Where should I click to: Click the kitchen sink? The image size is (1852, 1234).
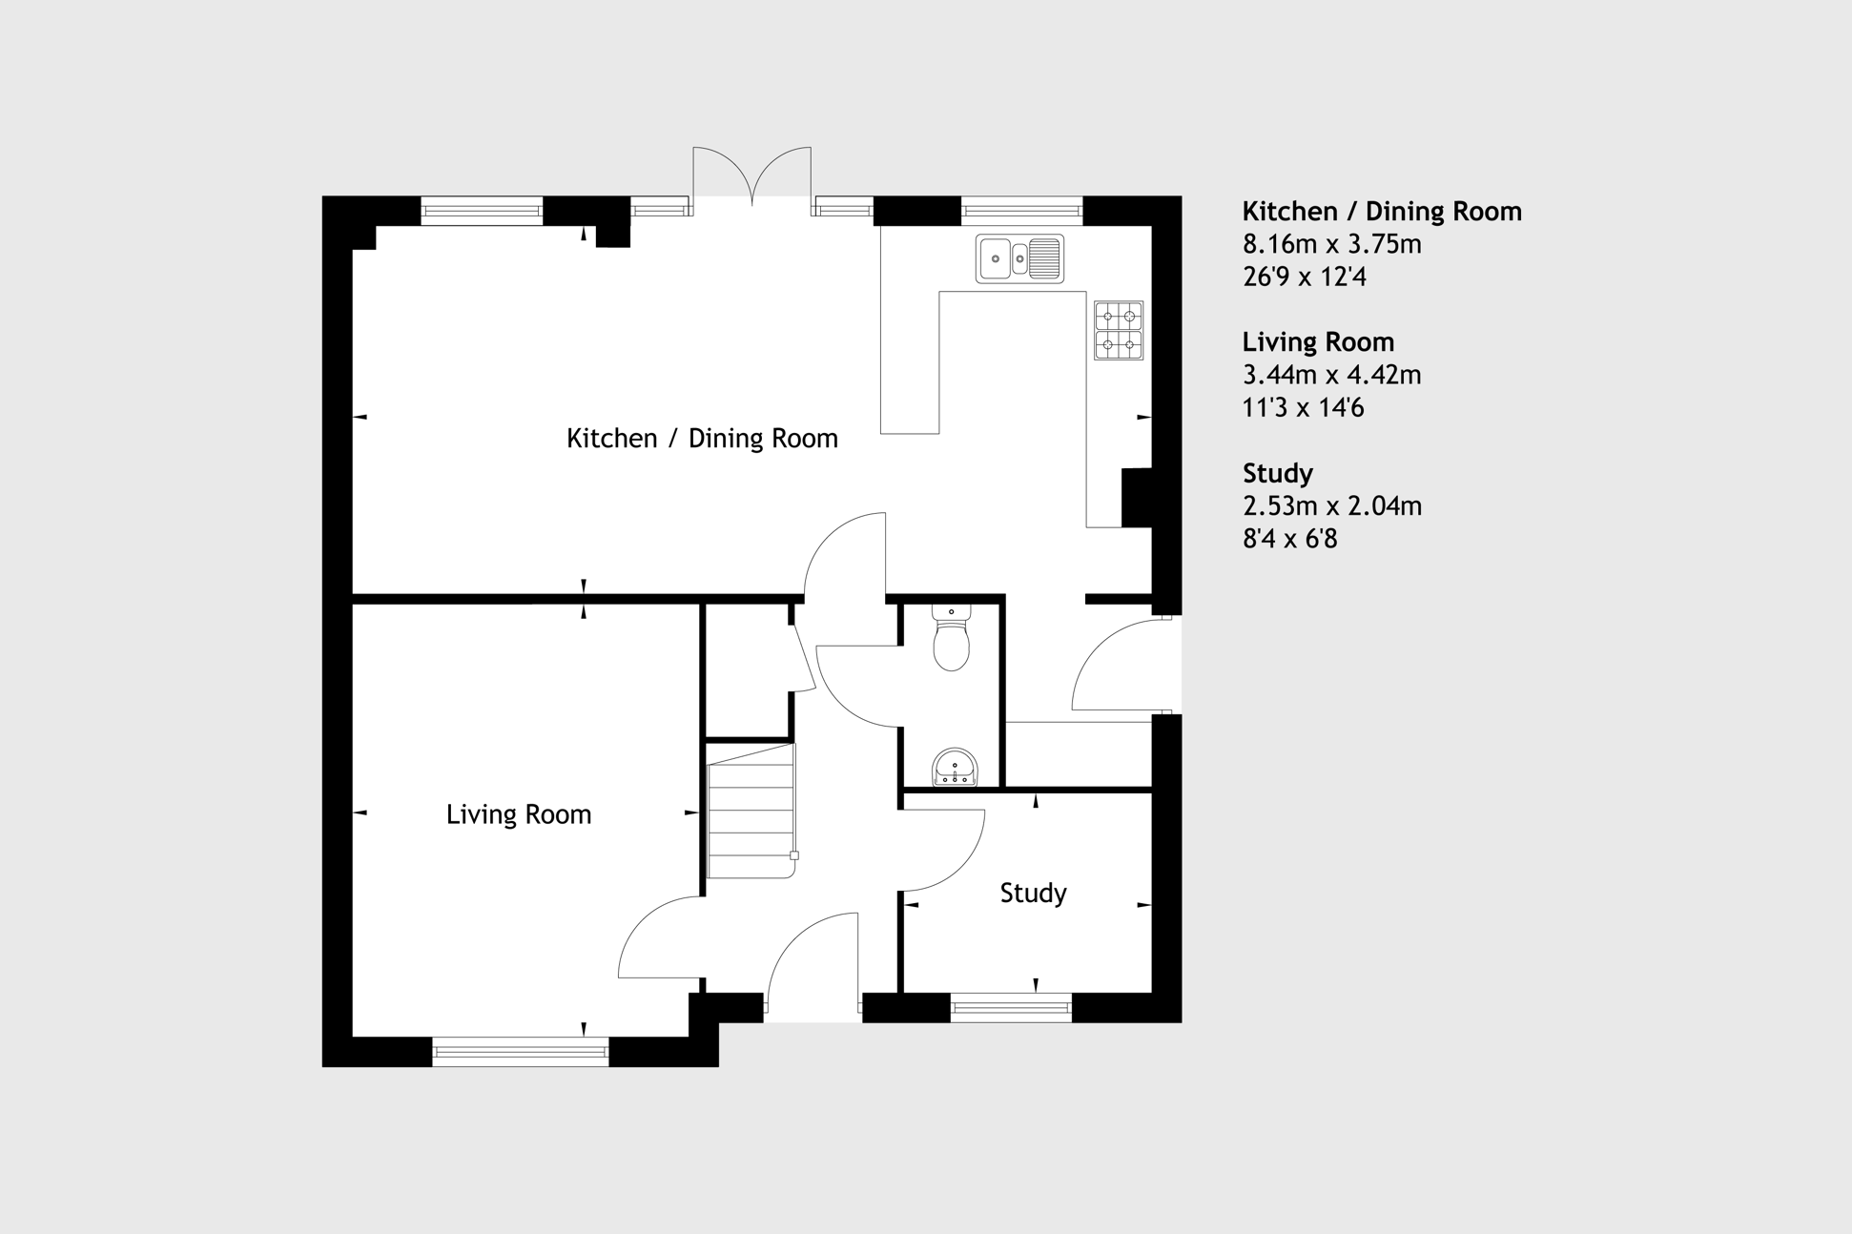(1019, 258)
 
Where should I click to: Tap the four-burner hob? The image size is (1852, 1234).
(1119, 330)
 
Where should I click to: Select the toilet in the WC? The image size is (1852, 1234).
(952, 638)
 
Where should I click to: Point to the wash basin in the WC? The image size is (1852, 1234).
(955, 768)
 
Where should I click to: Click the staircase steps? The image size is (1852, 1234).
(751, 812)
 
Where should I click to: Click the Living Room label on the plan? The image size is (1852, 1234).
(519, 814)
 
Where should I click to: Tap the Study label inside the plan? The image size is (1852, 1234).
(1033, 894)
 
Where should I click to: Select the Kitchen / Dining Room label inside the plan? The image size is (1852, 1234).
(702, 439)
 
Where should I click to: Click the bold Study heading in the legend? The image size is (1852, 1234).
(1278, 474)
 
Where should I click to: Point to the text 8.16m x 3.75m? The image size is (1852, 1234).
(1332, 244)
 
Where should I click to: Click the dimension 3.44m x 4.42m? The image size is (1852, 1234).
(1332, 375)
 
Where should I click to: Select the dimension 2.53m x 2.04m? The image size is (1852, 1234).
(1332, 506)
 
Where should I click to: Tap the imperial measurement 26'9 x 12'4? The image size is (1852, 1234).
(1305, 277)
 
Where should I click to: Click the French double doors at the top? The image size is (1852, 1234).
(752, 177)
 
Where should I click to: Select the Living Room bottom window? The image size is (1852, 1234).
(521, 1052)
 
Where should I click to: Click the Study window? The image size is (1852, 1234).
(1011, 1007)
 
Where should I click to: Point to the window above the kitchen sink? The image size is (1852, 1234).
(1021, 211)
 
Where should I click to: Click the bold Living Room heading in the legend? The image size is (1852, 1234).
(1318, 342)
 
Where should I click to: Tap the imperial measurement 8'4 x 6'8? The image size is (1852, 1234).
(1290, 539)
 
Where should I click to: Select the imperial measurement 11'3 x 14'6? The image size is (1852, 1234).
(1304, 408)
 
